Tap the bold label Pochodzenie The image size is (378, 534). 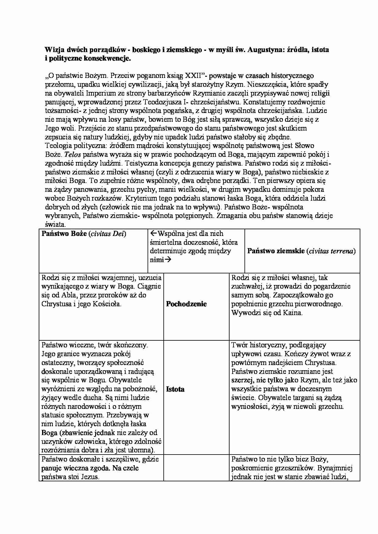186,304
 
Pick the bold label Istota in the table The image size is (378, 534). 175,389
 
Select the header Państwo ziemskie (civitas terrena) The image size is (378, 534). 301,251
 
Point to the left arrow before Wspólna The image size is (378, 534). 153,234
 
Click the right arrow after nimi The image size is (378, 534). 167,260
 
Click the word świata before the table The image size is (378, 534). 55,225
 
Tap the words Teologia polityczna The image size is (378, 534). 75,146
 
